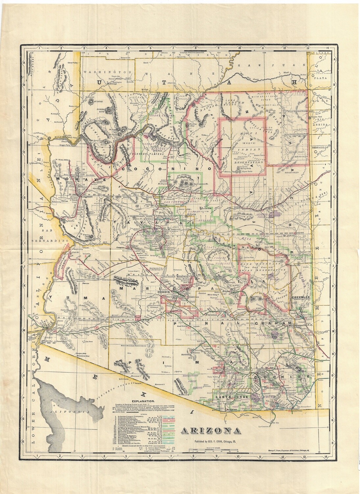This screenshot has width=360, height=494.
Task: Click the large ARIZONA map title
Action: pos(210,430)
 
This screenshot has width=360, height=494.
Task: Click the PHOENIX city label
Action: pos(163,292)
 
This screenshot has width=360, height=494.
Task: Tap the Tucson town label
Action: pos(219,361)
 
